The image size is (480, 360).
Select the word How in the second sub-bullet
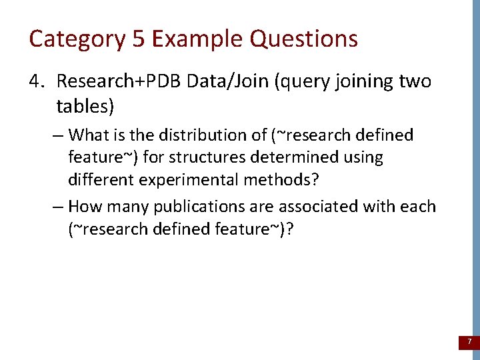pyautogui.click(x=84, y=207)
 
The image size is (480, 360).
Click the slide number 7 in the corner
pyautogui.click(x=469, y=342)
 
